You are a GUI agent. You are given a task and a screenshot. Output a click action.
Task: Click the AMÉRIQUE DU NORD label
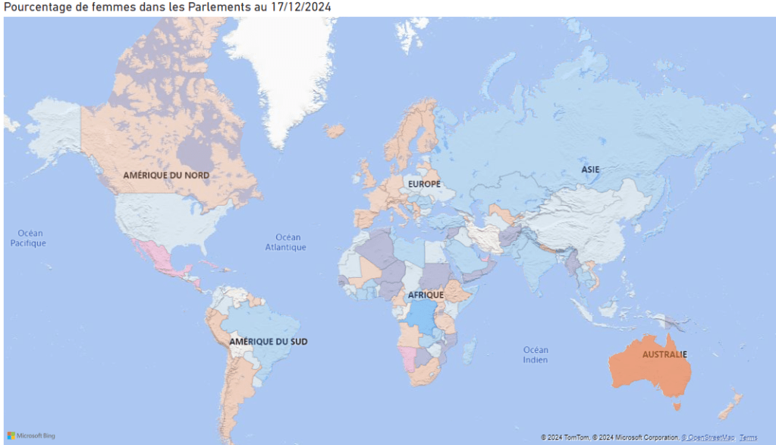[x=166, y=175]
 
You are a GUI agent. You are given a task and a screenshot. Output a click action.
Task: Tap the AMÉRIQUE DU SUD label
[x=268, y=342]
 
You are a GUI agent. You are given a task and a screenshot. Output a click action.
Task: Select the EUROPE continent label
[x=424, y=184]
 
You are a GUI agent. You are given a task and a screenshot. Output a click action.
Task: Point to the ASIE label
[x=590, y=169]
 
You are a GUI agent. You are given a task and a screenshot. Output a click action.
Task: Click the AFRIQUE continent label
[x=426, y=295]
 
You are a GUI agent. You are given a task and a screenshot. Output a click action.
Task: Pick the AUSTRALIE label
[x=664, y=355]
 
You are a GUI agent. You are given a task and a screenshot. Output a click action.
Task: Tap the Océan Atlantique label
[x=285, y=242]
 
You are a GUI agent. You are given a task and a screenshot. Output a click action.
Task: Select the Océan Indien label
[x=536, y=355]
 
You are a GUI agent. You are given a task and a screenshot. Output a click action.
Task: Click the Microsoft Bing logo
[x=31, y=436]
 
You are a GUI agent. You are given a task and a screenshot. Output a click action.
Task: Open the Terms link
[x=748, y=437]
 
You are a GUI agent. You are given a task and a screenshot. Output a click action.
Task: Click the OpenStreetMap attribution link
[x=708, y=437]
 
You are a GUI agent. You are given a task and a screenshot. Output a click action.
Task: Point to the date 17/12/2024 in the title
[x=300, y=7]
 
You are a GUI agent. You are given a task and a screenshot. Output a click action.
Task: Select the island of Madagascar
[x=469, y=352]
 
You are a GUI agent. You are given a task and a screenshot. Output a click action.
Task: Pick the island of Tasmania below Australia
[x=677, y=406]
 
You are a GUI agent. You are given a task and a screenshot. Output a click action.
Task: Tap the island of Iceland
[x=335, y=131]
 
